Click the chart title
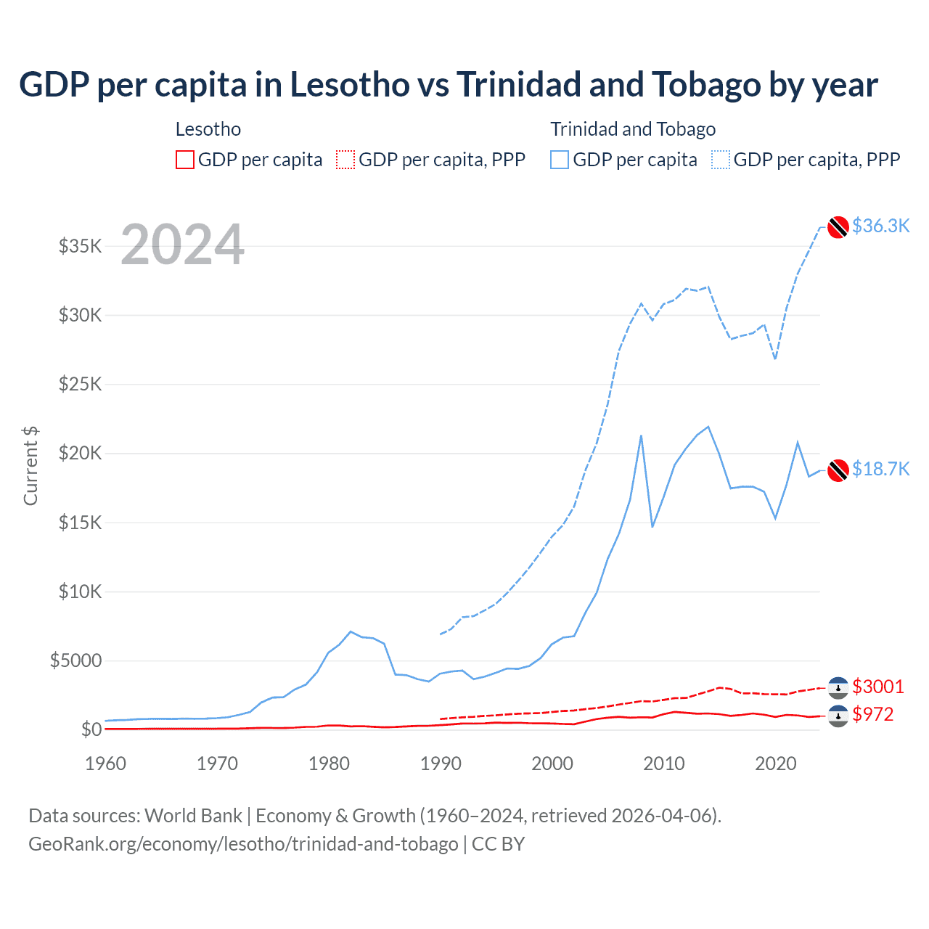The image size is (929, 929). [448, 85]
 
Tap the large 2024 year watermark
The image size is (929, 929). [182, 245]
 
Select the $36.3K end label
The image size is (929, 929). [880, 226]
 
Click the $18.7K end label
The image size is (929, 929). [880, 469]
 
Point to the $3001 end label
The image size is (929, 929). [878, 687]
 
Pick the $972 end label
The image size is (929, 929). [873, 714]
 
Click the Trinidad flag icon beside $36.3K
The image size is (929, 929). [838, 227]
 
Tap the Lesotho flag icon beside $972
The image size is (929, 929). [838, 716]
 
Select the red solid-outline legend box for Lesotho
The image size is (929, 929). [185, 160]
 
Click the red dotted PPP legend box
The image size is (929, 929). [345, 160]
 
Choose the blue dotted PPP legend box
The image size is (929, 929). [721, 160]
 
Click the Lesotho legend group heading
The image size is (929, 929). [208, 129]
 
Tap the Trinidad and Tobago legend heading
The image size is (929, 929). [633, 129]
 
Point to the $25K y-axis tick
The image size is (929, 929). [80, 384]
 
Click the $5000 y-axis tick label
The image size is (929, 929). [75, 660]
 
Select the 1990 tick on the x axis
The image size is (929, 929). [441, 764]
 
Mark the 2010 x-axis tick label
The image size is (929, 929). [664, 764]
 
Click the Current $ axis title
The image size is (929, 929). [30, 466]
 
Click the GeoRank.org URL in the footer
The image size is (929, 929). [243, 844]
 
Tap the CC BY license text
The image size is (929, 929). [499, 844]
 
